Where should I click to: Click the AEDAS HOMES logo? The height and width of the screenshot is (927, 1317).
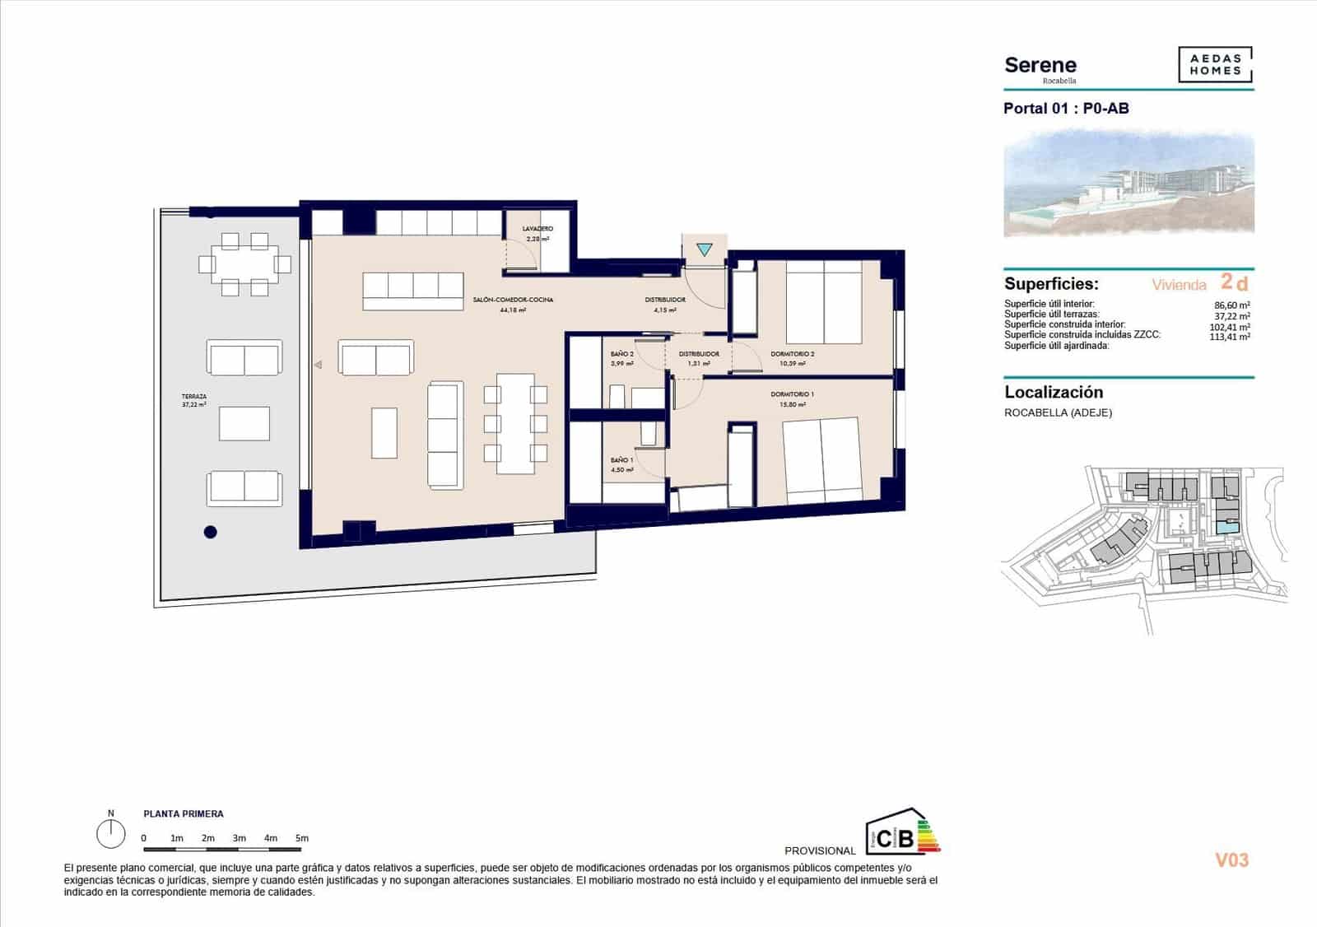1215,65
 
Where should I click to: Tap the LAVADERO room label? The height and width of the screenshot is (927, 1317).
538,229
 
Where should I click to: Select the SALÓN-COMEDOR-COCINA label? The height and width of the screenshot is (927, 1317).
513,300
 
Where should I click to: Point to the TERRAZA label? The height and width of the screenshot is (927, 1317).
194,397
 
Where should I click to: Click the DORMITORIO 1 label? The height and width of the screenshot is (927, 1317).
793,395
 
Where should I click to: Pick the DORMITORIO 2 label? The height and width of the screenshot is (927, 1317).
793,355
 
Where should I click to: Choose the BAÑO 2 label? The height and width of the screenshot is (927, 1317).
621,355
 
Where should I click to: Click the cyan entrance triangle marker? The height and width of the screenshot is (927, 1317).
705,249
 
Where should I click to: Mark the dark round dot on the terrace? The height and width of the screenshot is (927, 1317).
211,533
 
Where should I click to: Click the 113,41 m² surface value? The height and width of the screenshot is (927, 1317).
1231,336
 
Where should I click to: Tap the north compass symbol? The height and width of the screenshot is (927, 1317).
110,833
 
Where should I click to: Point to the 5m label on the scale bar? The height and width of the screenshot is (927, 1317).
302,838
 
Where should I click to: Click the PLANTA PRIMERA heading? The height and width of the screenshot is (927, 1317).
184,814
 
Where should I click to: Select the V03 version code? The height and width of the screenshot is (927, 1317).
1231,860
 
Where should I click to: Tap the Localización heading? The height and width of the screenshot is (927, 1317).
1054,393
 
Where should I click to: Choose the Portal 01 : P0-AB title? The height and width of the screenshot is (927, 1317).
1066,109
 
